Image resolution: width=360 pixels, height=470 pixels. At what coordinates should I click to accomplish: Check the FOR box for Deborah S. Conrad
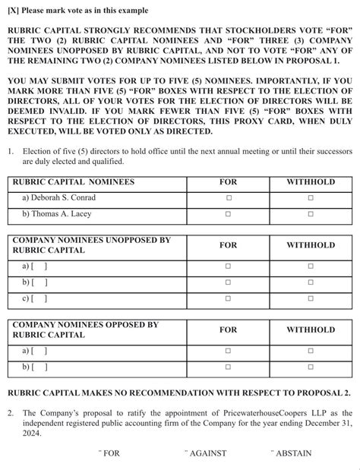[228, 198]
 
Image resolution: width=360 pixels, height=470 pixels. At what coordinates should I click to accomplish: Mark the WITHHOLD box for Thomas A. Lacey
[310, 214]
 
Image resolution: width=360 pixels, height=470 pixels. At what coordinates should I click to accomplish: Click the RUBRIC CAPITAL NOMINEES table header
[74, 182]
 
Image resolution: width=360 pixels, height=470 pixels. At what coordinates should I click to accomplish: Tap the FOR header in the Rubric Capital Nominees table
[228, 182]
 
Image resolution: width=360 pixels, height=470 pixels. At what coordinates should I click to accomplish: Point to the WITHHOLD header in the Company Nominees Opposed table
[310, 330]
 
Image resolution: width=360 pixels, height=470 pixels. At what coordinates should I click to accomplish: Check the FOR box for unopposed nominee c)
[228, 299]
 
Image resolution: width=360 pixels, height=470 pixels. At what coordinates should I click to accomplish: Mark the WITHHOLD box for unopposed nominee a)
[310, 267]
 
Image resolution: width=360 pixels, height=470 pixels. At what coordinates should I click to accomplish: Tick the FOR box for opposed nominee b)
[228, 367]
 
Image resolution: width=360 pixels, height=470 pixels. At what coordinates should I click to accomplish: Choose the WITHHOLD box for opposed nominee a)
[310, 351]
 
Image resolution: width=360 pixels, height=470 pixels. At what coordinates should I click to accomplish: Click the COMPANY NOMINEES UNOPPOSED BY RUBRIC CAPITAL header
[91, 244]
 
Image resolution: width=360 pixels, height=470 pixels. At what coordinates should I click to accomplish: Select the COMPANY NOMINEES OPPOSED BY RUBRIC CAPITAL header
[85, 330]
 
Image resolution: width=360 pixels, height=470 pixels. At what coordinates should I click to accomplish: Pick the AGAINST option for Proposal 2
[207, 453]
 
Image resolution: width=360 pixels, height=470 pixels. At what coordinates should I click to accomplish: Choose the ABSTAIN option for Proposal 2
[292, 453]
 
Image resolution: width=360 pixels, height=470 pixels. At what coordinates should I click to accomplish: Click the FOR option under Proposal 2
[110, 453]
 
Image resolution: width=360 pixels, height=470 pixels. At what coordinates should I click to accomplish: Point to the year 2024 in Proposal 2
[33, 434]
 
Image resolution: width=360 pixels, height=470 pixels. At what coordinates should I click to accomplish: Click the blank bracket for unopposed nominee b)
[39, 282]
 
